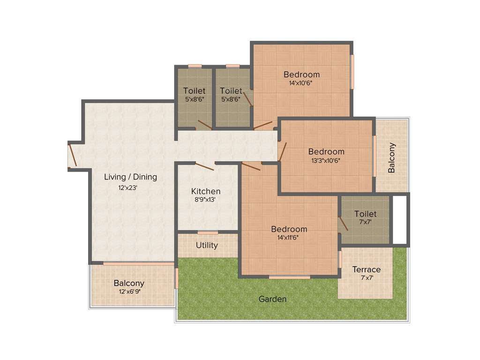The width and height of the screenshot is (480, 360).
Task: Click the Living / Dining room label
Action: (x=130, y=177)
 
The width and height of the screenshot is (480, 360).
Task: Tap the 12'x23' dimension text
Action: (x=127, y=187)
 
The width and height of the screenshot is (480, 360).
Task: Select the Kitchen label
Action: (x=206, y=191)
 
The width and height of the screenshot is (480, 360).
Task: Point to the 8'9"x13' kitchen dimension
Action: (x=206, y=199)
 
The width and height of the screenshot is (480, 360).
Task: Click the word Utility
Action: (x=207, y=245)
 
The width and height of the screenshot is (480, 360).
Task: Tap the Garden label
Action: (x=272, y=299)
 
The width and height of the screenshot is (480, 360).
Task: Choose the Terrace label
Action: (x=367, y=270)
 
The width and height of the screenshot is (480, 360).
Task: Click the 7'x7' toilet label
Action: (x=365, y=222)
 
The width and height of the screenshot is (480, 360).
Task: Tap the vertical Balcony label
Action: (x=391, y=158)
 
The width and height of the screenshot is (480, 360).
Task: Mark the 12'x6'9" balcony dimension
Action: (x=130, y=291)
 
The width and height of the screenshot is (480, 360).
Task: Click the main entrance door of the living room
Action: (x=73, y=155)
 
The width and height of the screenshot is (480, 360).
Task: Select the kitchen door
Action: (x=204, y=166)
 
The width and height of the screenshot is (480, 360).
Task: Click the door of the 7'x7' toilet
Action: (x=343, y=224)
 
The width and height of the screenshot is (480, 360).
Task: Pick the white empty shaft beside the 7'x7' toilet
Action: (x=399, y=219)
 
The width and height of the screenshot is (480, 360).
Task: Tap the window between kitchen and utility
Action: (x=208, y=232)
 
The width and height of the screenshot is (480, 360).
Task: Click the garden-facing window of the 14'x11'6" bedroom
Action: (x=289, y=277)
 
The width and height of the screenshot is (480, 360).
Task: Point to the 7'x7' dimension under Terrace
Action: (x=367, y=277)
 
